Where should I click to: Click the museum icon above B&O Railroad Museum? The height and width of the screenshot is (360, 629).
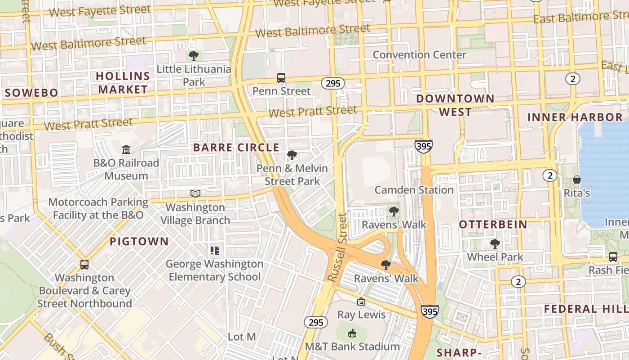click(126, 149)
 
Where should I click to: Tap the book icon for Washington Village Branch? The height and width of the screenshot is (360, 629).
click(195, 194)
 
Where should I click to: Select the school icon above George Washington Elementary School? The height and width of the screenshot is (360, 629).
click(214, 251)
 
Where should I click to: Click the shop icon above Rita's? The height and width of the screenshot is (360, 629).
click(577, 180)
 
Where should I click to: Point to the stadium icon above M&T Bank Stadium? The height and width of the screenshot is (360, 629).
click(352, 333)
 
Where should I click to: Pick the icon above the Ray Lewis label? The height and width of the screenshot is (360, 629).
click(361, 301)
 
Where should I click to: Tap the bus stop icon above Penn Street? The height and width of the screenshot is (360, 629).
click(281, 78)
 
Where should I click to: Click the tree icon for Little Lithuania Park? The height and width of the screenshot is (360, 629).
click(194, 56)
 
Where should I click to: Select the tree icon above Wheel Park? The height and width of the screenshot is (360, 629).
click(495, 244)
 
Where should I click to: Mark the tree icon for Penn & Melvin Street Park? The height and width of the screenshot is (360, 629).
click(292, 155)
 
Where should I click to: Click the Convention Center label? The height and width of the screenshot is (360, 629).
click(420, 55)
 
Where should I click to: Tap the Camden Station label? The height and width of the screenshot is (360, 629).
click(414, 190)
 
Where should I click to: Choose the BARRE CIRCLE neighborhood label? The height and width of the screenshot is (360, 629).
click(236, 148)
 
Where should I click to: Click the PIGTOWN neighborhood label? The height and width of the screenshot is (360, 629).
click(139, 242)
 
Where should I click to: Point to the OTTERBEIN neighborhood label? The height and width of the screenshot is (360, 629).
click(493, 225)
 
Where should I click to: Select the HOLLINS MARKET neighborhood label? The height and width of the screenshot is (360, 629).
click(123, 82)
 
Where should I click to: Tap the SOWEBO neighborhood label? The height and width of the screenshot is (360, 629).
click(31, 93)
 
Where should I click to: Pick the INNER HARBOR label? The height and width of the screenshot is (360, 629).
click(575, 117)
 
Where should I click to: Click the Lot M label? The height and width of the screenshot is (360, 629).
click(242, 337)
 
